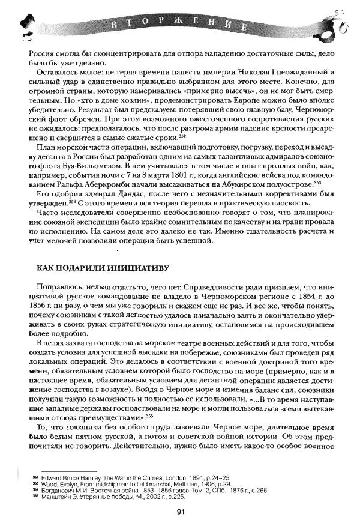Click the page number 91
[180, 512]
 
